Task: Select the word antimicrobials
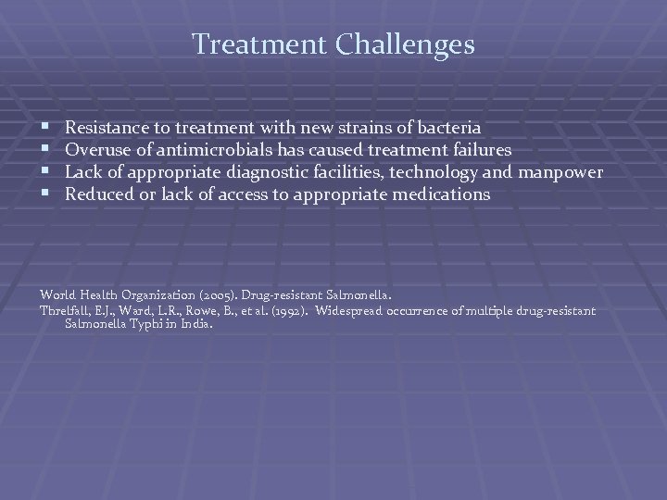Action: pyautogui.click(x=195, y=148)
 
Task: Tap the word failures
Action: pyautogui.click(x=478, y=148)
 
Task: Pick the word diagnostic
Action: pyautogui.click(x=270, y=172)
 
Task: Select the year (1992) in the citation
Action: pyautogui.click(x=287, y=309)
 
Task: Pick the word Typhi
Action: pyautogui.click(x=145, y=324)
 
